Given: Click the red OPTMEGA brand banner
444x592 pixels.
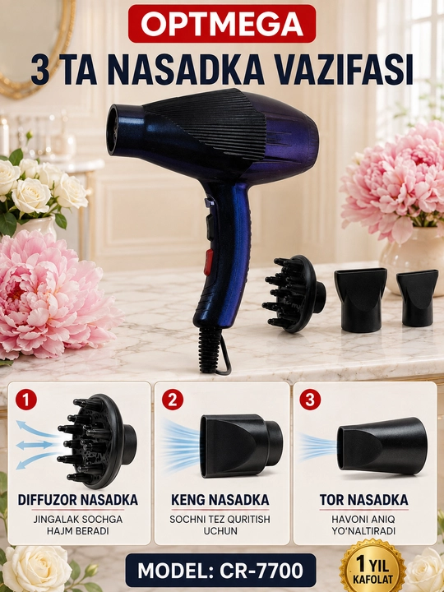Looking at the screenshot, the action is (x=222, y=23).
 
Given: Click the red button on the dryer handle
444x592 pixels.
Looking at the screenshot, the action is (x=208, y=262).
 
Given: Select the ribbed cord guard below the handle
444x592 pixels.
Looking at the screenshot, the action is (x=210, y=349).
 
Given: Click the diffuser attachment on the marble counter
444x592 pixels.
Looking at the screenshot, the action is (x=294, y=294).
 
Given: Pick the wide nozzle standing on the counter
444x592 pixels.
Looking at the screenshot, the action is (x=361, y=300).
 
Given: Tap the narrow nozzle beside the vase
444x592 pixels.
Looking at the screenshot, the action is (x=417, y=298).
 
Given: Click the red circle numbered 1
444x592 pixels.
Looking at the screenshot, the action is (x=26, y=400).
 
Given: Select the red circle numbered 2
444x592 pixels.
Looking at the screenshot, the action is (x=173, y=400).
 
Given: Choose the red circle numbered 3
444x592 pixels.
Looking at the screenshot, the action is (x=310, y=400).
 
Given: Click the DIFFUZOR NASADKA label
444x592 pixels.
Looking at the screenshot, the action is (x=78, y=500).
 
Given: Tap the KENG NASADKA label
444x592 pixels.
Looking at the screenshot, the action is (x=220, y=500).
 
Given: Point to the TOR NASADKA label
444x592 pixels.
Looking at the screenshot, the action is (x=364, y=500).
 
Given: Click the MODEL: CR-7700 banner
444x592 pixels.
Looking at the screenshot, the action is (x=220, y=570).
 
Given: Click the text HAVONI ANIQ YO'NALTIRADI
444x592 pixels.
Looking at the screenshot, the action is (x=363, y=525).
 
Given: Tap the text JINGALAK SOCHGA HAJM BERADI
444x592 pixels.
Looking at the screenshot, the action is (x=78, y=525).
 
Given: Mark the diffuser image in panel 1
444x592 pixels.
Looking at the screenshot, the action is (x=97, y=441).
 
